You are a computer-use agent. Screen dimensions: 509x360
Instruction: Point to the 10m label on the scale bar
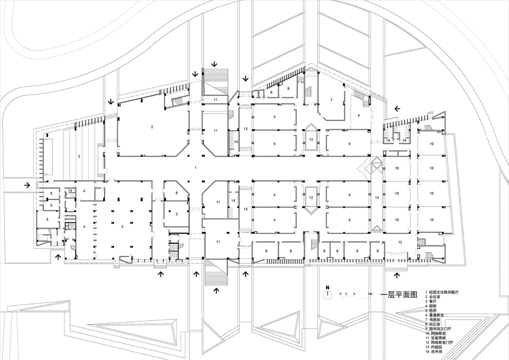click(x=370, y=294)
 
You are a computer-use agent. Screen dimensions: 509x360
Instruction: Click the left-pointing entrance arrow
click(x=397, y=109)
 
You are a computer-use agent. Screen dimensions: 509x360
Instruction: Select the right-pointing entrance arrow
click(x=27, y=185)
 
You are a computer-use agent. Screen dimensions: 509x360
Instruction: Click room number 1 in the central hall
click(x=195, y=168)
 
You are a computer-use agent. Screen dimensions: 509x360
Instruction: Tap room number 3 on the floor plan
click(x=122, y=227)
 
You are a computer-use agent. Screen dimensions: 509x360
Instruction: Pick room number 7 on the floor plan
click(x=331, y=100)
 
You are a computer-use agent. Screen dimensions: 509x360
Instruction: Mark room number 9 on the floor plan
click(x=359, y=116)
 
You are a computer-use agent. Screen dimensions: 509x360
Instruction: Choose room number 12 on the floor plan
click(x=400, y=242)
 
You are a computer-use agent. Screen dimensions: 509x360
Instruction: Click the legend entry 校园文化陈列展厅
click(x=444, y=292)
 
